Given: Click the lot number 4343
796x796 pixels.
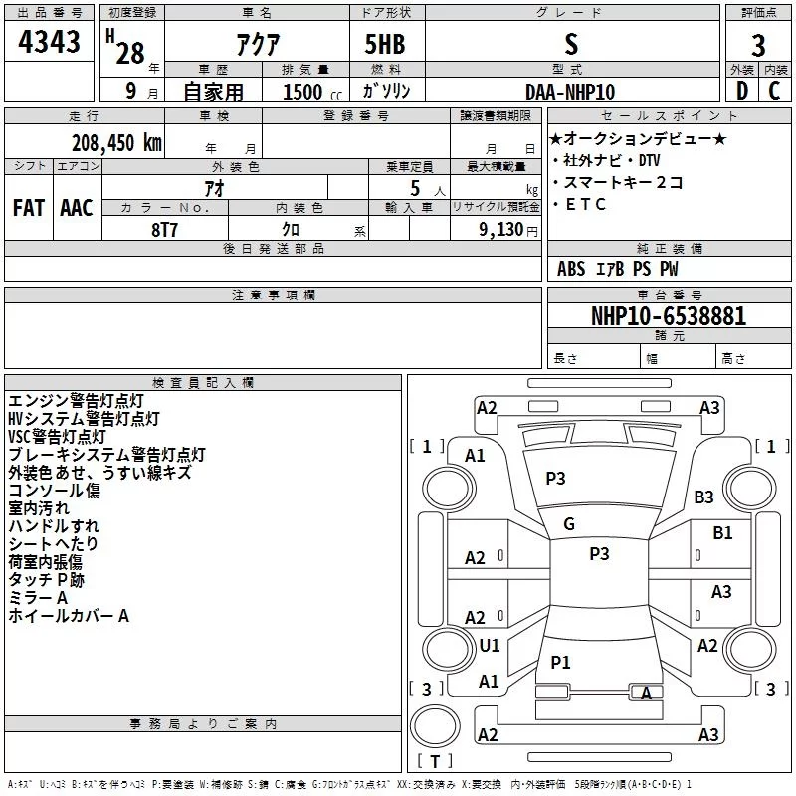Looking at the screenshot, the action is (x=49, y=42).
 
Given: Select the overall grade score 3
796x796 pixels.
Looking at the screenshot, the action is (x=758, y=46).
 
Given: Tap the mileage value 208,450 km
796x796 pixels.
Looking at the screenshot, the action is (x=116, y=143).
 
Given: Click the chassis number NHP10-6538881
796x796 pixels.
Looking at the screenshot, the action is (x=669, y=316).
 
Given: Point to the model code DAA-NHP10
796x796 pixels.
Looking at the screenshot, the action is (x=570, y=92).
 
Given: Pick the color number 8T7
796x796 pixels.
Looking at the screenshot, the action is (x=164, y=230).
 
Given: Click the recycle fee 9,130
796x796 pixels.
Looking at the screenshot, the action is (x=501, y=230).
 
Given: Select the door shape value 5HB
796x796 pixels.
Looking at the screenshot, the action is (x=385, y=44).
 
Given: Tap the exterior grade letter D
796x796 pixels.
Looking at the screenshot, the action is (x=742, y=91).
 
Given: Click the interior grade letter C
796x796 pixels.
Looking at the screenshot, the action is (x=774, y=91).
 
